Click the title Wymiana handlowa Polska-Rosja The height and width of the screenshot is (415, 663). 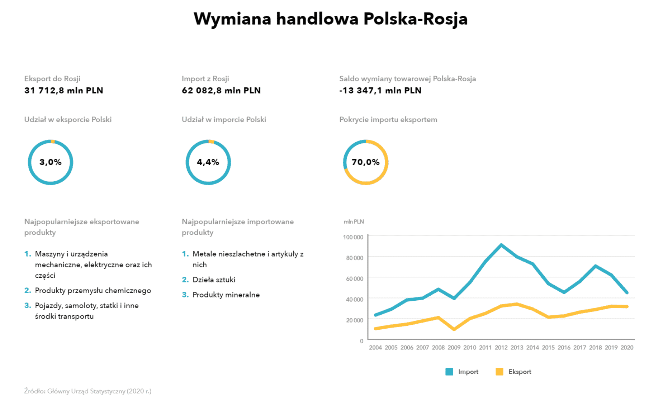click(x=330, y=19)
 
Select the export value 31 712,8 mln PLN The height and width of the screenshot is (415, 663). click(x=63, y=91)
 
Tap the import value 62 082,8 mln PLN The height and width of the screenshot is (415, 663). click(x=221, y=91)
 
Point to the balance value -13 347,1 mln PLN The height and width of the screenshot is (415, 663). click(x=380, y=91)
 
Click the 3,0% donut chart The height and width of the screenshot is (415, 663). click(x=51, y=162)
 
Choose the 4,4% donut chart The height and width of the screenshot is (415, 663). click(x=208, y=162)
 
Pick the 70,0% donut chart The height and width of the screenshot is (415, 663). click(x=365, y=162)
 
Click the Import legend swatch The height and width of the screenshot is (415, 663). click(x=449, y=372)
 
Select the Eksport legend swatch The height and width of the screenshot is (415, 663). click(x=499, y=372)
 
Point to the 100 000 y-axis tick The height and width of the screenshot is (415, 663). click(x=353, y=237)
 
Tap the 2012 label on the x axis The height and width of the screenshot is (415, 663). click(x=501, y=348)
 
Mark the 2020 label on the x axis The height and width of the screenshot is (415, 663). click(x=627, y=348)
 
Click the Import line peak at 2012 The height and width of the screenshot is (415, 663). click(x=501, y=245)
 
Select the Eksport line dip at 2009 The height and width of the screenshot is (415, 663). click(x=454, y=329)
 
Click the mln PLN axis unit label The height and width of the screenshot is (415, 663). click(x=354, y=222)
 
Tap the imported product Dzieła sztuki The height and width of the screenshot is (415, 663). click(x=214, y=280)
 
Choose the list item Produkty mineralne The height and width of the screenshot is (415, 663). click(x=226, y=295)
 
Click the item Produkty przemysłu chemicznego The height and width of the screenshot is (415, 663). click(x=93, y=291)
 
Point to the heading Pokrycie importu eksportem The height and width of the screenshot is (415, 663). click(x=388, y=120)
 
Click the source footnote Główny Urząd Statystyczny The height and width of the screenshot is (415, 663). click(x=87, y=391)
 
